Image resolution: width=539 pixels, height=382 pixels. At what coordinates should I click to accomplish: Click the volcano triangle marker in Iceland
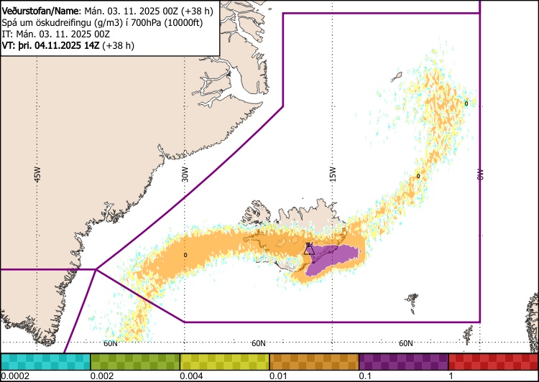tap(308, 249)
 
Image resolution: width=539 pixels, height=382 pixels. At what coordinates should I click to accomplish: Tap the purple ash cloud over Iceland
tap(334, 256)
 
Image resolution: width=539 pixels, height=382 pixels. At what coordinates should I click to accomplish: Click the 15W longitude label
tap(333, 174)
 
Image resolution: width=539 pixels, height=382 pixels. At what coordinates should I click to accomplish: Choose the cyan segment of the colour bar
tap(45, 361)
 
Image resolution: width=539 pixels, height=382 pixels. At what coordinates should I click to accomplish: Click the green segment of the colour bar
tap(135, 361)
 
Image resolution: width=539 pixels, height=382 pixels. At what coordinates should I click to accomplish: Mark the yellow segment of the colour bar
tap(224, 361)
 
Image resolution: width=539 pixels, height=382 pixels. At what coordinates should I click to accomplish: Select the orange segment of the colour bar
tap(314, 361)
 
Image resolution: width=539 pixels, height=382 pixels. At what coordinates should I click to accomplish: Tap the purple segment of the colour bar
tap(403, 361)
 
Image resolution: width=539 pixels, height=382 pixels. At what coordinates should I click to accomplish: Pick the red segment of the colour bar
tap(493, 361)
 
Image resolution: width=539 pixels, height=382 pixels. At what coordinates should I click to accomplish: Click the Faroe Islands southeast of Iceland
tap(412, 298)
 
